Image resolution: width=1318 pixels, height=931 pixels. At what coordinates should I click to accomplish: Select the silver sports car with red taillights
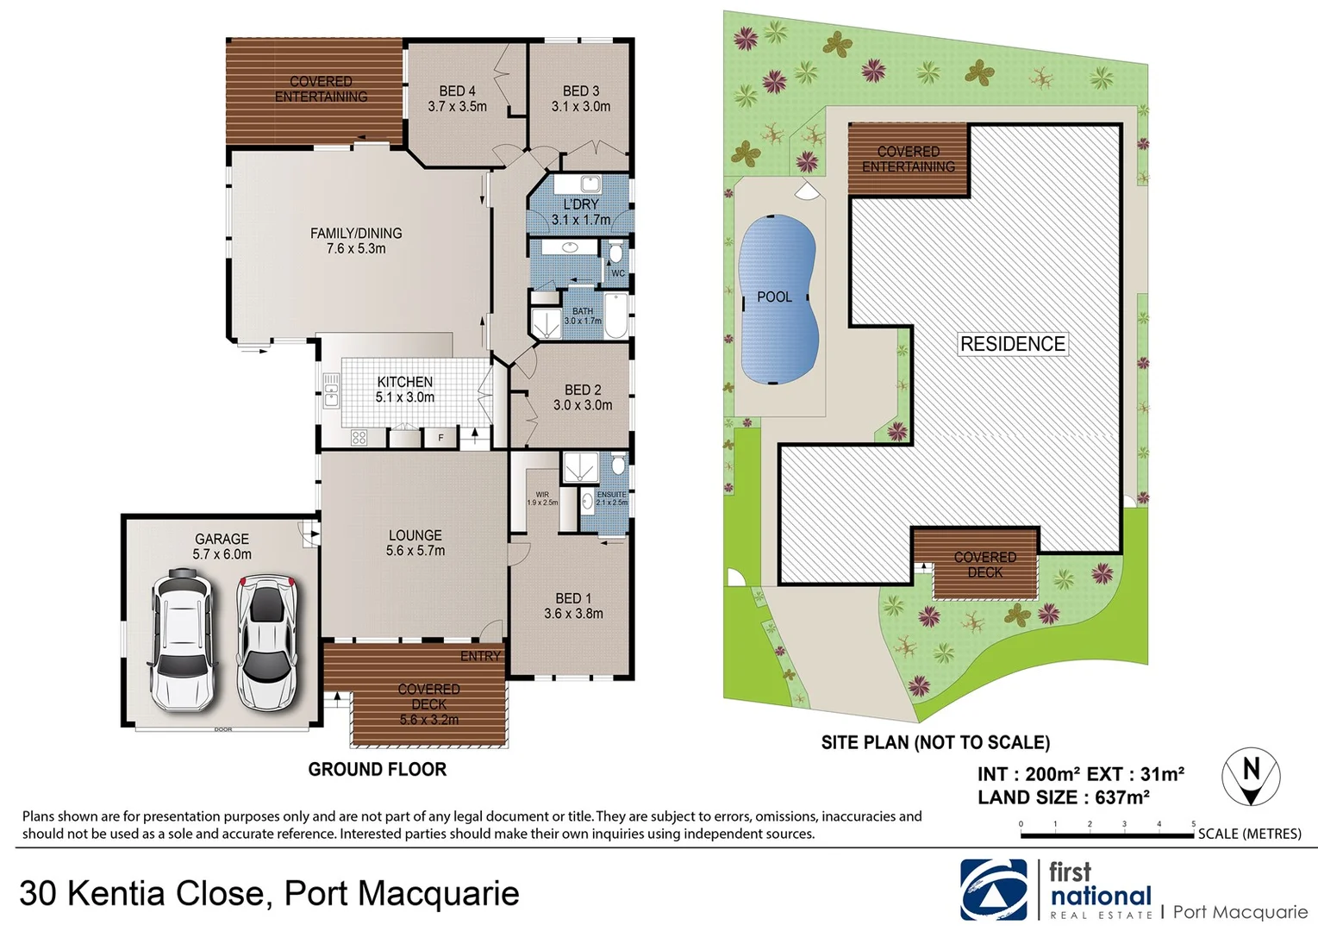[x=267, y=642]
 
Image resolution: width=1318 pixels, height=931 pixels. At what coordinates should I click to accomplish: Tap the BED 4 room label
[x=457, y=98]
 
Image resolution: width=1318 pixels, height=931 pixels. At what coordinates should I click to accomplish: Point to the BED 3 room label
[x=581, y=98]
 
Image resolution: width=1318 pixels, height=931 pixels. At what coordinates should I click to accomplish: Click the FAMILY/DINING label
[x=356, y=241]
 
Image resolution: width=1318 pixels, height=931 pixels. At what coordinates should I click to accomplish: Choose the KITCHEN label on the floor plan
[x=404, y=389]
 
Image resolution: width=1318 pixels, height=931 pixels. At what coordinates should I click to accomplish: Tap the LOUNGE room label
[x=415, y=542]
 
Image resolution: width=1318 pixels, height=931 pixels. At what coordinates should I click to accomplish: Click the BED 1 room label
[x=573, y=605]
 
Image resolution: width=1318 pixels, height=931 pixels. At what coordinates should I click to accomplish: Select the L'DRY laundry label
[x=581, y=211]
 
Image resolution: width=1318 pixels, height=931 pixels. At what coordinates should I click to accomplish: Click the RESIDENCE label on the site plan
[x=1013, y=344]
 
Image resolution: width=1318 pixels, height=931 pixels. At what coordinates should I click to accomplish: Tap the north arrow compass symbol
[x=1251, y=777]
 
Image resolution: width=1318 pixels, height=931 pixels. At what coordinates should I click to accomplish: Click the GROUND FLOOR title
[x=378, y=769]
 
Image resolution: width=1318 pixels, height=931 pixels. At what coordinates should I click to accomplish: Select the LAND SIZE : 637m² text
[x=1063, y=797]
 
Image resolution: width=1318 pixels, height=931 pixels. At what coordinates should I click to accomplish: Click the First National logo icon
[x=994, y=890]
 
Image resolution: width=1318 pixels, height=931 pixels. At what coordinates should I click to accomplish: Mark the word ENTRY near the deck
[x=480, y=656]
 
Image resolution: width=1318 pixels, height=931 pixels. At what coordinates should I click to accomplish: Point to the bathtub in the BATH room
[x=616, y=316]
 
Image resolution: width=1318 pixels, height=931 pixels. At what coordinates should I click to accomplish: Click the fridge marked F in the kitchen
[x=440, y=438]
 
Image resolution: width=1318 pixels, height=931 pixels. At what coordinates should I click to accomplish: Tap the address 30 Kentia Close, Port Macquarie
[x=269, y=893]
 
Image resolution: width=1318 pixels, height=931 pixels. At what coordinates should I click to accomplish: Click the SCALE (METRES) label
[x=1249, y=834]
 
